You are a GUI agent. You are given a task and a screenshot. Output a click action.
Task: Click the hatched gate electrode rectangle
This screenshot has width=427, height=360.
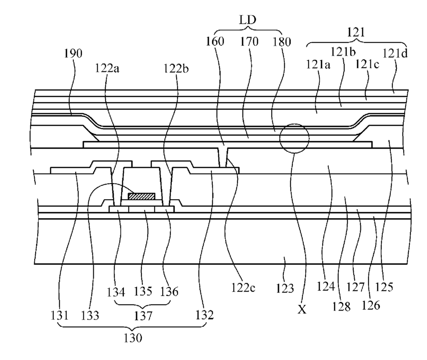click(x=141, y=196)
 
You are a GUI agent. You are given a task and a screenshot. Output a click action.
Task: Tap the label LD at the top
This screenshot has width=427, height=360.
click(x=248, y=20)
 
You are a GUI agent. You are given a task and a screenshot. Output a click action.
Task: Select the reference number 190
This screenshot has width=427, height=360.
click(x=73, y=53)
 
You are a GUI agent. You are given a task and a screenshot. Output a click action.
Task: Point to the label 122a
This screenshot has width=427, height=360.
click(x=107, y=68)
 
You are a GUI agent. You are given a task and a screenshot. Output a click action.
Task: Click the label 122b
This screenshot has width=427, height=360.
click(x=176, y=68)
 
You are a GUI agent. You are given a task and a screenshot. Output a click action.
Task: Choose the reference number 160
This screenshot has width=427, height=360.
click(x=215, y=42)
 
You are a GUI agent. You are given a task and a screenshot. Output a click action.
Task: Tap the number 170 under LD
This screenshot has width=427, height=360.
click(x=249, y=42)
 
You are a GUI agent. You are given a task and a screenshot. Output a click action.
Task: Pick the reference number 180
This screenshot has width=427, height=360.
click(x=282, y=42)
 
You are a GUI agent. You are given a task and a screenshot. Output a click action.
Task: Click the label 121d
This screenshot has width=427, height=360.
click(x=395, y=53)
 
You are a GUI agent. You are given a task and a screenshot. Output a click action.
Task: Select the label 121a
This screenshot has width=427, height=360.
click(x=318, y=65)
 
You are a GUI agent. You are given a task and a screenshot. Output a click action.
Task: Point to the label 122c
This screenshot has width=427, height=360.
click(x=243, y=288)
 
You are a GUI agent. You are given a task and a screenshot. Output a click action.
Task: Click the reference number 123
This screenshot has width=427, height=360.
click(x=285, y=289)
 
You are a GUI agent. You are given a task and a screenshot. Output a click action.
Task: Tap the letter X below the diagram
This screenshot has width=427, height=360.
click(x=302, y=310)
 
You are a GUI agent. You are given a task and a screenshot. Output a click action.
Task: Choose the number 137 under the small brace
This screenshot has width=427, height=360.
click(x=143, y=316)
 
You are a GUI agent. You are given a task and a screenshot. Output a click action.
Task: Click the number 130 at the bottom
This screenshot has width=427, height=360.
click(x=133, y=338)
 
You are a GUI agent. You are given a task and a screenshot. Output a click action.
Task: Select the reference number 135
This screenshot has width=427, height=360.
click(x=143, y=292)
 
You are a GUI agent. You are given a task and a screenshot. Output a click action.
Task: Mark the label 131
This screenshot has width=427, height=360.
click(x=60, y=316)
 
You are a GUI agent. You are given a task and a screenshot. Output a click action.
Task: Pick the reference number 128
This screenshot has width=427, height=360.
click(x=341, y=307)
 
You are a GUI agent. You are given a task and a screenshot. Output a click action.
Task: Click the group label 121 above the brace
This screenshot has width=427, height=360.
click(x=356, y=33)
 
